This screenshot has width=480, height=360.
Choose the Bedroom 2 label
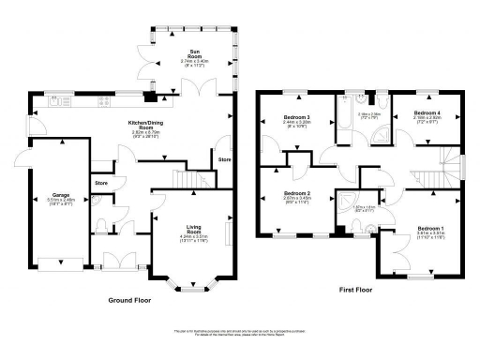(296, 197)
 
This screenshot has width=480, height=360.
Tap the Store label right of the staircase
(225, 159)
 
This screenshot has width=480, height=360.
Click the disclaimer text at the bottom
(240, 333)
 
